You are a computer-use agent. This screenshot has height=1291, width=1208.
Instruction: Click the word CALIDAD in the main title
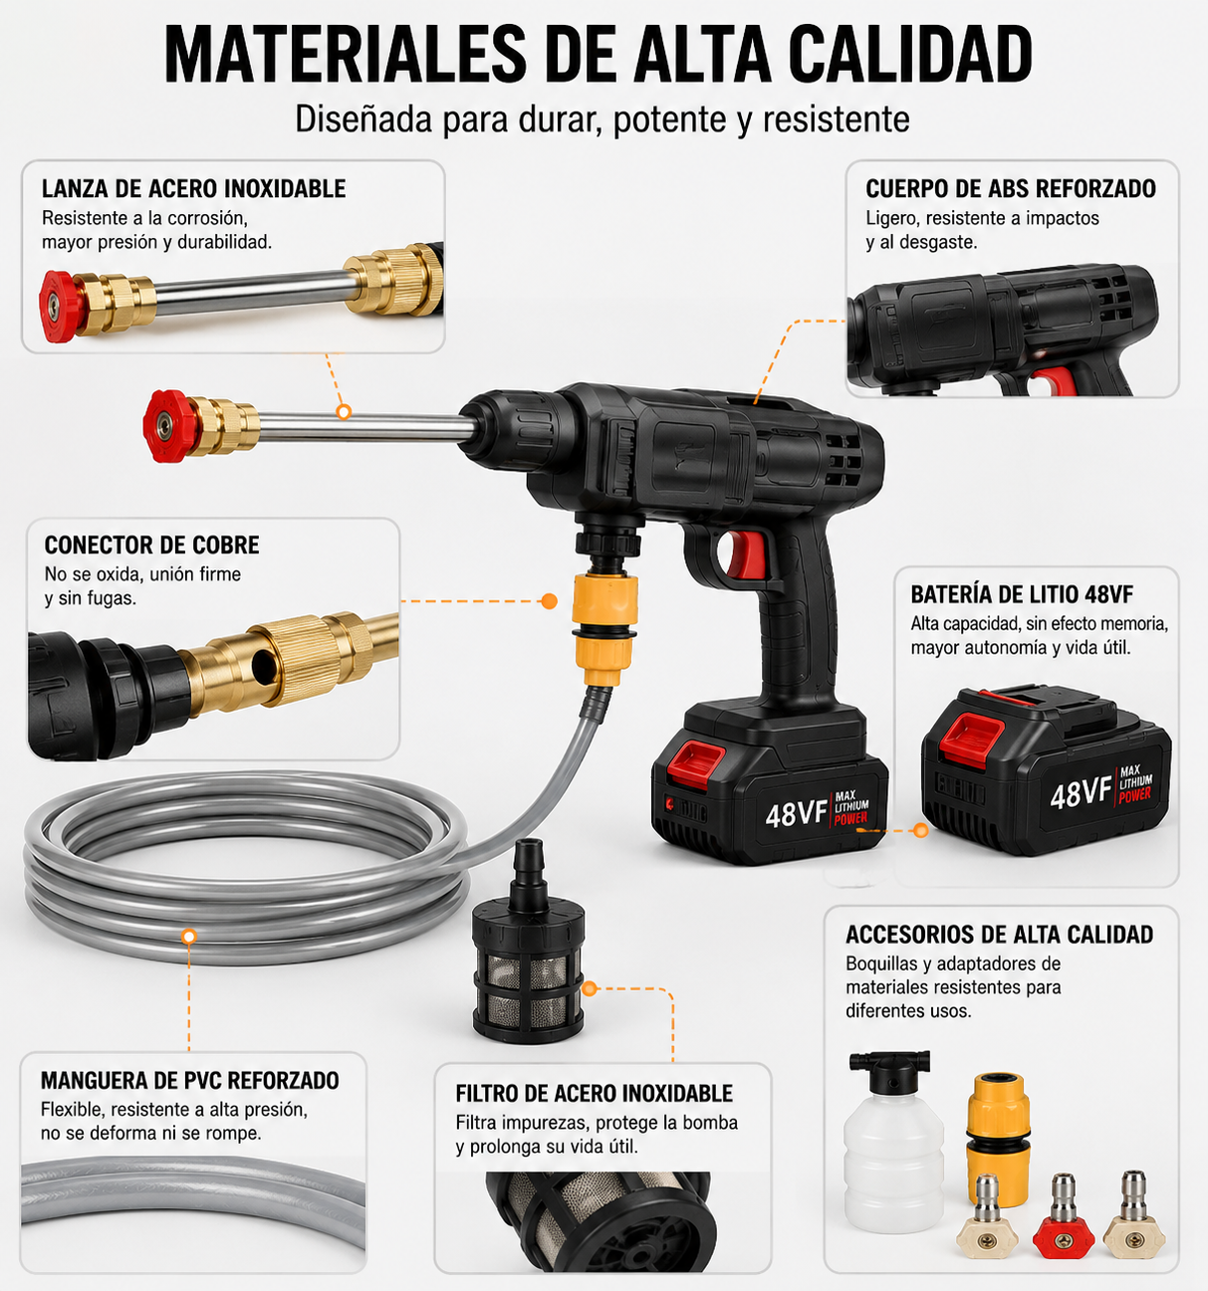pyautogui.click(x=910, y=54)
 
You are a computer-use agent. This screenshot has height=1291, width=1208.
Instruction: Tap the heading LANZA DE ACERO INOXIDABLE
pyautogui.click(x=194, y=188)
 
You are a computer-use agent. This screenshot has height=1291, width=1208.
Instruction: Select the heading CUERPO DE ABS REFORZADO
pyautogui.click(x=1011, y=188)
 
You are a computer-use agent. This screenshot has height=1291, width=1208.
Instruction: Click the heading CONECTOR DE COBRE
pyautogui.click(x=151, y=544)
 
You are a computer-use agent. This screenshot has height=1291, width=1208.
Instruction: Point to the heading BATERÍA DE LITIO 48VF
pyautogui.click(x=1022, y=594)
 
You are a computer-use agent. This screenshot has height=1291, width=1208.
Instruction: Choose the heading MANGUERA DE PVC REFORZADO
pyautogui.click(x=190, y=1080)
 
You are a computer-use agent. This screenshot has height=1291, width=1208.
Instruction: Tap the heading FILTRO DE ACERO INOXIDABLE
pyautogui.click(x=594, y=1093)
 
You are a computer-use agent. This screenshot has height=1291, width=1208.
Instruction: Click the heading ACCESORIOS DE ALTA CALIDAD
pyautogui.click(x=999, y=934)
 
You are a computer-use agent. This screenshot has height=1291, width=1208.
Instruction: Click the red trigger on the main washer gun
pyautogui.click(x=744, y=553)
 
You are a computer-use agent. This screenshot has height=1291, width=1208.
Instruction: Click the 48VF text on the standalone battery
pyautogui.click(x=1080, y=793)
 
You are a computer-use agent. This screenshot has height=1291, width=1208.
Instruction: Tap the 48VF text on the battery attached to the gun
pyautogui.click(x=797, y=814)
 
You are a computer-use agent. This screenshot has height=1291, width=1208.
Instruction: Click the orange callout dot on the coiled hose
pyautogui.click(x=189, y=936)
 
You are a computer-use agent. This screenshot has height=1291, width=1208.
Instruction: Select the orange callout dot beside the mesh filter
pyautogui.click(x=590, y=988)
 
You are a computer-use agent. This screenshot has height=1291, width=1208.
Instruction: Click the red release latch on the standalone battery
pyautogui.click(x=971, y=738)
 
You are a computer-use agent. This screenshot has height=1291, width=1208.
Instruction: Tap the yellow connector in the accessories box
pyautogui.click(x=998, y=1139)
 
